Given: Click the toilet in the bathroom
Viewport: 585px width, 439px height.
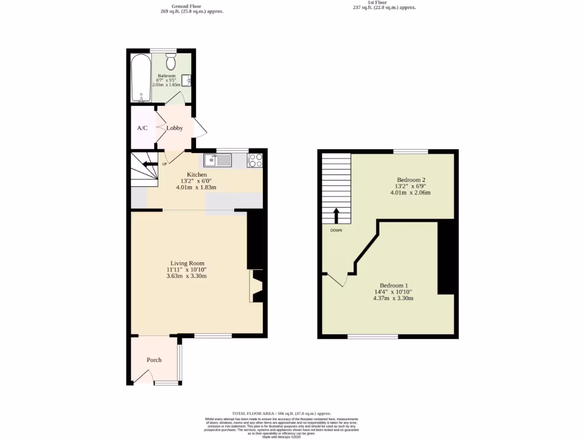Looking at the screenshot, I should (170, 61).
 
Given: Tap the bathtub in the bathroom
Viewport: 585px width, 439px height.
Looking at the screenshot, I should (141, 78).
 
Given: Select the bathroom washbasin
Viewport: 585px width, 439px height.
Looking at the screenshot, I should (186, 81).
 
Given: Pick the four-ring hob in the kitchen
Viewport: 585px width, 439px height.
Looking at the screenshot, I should (255, 160).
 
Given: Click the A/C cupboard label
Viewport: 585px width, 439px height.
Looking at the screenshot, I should (142, 128).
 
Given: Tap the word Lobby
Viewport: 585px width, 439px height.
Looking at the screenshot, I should (175, 128).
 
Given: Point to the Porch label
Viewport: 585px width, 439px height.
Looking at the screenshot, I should (154, 360).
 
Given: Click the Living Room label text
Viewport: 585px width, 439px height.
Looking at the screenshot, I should (187, 263).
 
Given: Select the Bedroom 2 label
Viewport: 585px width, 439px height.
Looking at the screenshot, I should (411, 179).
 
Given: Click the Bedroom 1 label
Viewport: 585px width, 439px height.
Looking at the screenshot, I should (394, 285).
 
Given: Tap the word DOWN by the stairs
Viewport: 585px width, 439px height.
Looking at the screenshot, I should (336, 230).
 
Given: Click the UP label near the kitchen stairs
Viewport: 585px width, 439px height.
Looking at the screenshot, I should (165, 165).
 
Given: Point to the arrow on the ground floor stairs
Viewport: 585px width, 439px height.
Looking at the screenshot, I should (147, 165).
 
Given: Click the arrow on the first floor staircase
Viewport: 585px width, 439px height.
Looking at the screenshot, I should (336, 215).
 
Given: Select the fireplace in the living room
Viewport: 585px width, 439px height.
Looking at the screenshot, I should (255, 286).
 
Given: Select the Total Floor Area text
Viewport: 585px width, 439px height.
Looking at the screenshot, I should (281, 413).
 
